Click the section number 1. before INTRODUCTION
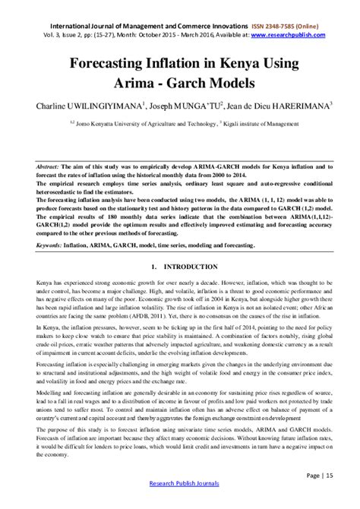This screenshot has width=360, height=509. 153,267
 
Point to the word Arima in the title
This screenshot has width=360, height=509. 135,82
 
